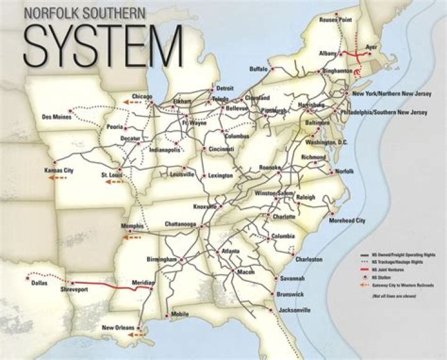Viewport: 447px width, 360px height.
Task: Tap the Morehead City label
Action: pyautogui.click(x=347, y=220)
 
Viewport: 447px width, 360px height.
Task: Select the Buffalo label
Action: pyautogui.click(x=258, y=68)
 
